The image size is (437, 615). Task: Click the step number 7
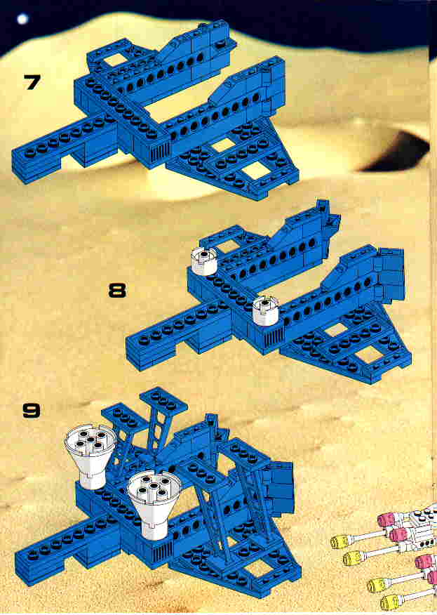point(32,82)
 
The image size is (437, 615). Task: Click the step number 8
point(117,291)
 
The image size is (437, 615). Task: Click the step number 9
point(32,410)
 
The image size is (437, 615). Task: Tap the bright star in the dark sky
point(22,18)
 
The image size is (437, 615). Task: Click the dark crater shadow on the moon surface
point(396,152)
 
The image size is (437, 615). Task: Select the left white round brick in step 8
point(204,261)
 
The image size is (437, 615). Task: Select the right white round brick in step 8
point(265,310)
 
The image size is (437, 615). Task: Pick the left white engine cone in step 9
point(90,457)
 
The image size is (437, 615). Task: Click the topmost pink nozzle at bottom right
point(388,520)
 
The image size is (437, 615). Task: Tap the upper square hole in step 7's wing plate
point(222,146)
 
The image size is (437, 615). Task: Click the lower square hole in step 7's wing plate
point(255,171)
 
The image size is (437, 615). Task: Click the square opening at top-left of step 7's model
point(116,60)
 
